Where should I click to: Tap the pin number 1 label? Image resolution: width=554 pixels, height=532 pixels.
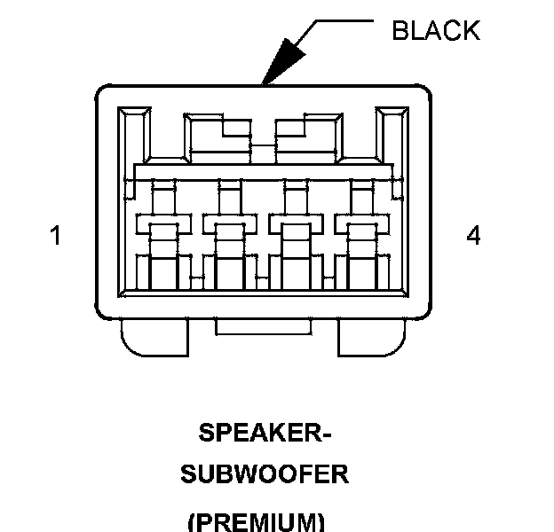tap(56, 237)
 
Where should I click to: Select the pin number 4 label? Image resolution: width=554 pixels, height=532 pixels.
tap(473, 236)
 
